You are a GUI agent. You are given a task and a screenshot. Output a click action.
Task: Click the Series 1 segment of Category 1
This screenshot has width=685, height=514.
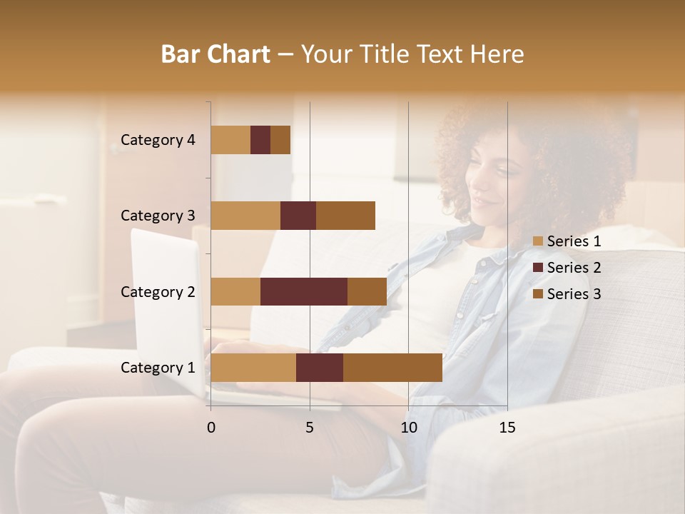point(253,368)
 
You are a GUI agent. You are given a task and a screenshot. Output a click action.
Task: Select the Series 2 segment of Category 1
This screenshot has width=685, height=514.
point(320,368)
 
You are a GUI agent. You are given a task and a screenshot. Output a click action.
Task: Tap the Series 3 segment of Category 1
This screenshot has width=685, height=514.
point(392,368)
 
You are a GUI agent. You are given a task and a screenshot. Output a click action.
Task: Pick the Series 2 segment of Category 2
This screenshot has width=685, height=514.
point(304,291)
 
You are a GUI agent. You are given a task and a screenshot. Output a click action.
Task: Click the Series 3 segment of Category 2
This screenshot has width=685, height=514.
point(367,291)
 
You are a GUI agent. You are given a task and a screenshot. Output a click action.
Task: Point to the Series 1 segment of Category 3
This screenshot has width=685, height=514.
point(245,216)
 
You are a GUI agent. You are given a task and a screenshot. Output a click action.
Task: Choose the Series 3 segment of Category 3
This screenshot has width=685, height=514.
point(345,216)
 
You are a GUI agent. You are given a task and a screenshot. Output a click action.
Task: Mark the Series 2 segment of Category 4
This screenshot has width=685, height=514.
point(260,140)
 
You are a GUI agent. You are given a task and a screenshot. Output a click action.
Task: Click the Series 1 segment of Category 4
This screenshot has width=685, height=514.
point(230,140)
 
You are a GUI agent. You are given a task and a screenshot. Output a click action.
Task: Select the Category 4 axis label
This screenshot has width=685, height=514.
point(158,140)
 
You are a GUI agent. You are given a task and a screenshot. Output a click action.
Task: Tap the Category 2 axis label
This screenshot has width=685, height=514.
point(158,291)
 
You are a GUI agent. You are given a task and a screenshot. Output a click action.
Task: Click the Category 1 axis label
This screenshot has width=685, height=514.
point(158,368)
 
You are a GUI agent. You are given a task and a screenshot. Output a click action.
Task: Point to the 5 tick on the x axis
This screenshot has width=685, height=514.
point(310,428)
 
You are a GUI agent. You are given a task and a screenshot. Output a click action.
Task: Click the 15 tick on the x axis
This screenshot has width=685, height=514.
point(507,428)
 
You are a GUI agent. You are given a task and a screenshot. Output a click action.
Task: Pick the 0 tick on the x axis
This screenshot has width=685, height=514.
point(211,428)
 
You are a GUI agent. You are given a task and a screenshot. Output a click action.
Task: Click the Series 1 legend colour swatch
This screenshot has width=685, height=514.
point(538,241)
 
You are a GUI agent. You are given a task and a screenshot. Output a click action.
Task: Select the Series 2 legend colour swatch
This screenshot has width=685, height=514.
point(538,268)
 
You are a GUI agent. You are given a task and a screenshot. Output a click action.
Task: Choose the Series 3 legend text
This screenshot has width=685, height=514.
point(574,294)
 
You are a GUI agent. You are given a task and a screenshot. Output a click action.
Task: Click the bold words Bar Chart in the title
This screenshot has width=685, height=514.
point(215,54)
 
